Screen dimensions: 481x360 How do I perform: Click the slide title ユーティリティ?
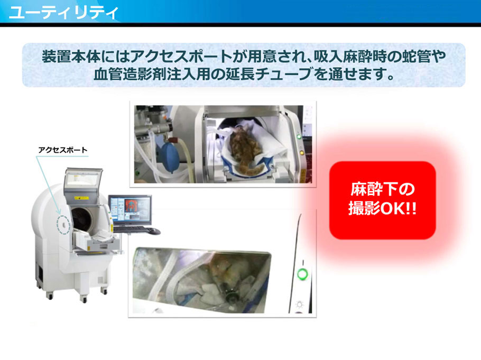63,12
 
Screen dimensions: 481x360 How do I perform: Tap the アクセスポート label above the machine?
62,150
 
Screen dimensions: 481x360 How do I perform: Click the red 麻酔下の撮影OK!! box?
382,200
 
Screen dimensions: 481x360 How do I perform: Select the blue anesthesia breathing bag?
171,158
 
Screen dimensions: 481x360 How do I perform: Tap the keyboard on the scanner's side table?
131,229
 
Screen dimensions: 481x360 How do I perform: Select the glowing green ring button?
302,273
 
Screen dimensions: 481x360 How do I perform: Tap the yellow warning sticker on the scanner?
81,198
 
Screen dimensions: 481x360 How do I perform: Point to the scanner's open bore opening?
82,220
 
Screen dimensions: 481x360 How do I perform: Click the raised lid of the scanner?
83,182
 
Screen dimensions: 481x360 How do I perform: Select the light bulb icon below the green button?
300,304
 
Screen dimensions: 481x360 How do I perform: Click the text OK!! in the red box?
399,209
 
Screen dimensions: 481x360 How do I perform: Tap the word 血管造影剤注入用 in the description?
145,74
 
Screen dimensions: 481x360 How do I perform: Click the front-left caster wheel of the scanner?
49,296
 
